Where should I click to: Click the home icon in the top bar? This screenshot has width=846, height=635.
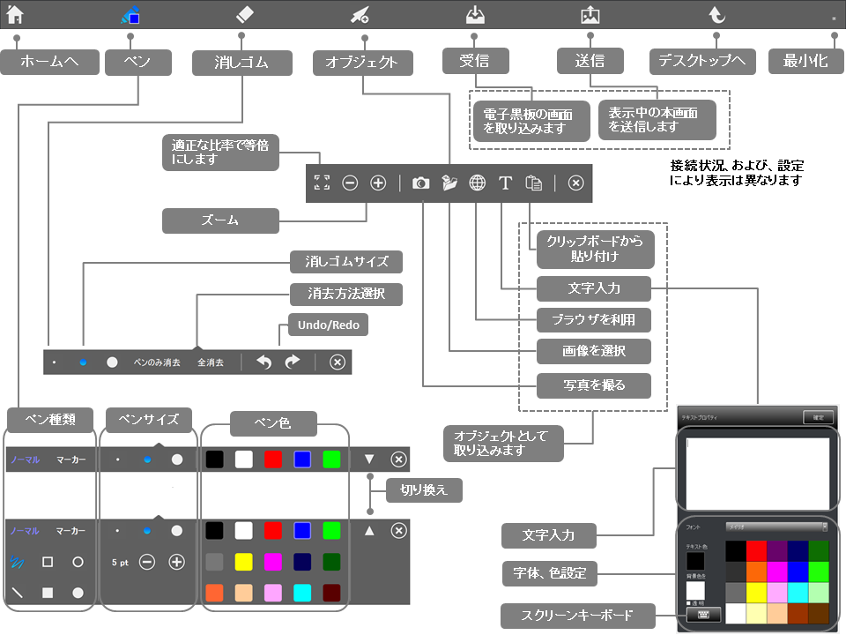[15, 13]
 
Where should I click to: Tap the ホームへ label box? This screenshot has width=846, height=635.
[49, 62]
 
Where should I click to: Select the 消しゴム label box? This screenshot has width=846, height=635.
[241, 63]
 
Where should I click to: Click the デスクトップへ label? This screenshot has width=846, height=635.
[703, 62]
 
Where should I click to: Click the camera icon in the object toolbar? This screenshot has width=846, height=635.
[421, 183]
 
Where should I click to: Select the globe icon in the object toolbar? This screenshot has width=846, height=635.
[478, 183]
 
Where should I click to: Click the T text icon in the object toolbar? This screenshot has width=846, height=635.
[506, 183]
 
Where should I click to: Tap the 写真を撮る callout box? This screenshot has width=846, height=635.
[594, 385]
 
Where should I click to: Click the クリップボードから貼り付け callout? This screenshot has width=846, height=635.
[594, 250]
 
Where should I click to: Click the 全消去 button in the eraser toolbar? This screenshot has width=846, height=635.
[211, 362]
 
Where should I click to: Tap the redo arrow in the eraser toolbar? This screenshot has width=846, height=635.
[293, 362]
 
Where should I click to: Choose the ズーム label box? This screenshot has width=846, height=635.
[220, 220]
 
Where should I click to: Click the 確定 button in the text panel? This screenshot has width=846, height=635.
[818, 417]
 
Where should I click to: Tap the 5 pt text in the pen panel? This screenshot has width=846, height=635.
[121, 562]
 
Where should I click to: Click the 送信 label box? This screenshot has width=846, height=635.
[590, 62]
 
